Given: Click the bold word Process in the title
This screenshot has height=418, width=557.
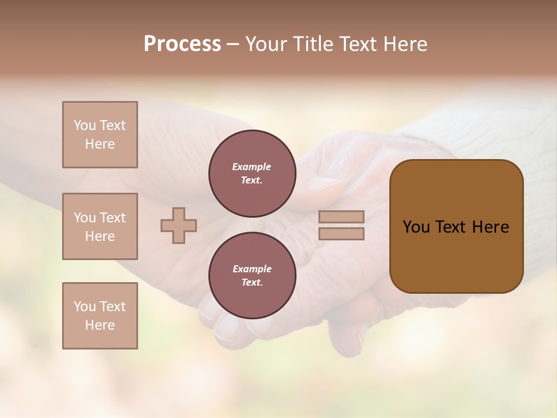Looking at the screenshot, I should pos(182,44).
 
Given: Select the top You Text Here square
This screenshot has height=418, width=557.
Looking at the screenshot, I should pos(100,135).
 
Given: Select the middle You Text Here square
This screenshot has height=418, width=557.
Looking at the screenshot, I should pos(100,226).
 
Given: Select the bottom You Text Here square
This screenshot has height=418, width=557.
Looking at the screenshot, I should pos(100,316).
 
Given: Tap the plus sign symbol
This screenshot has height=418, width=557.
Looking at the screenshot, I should pos(179,225).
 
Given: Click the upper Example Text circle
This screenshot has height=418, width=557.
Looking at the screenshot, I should pos(252,174).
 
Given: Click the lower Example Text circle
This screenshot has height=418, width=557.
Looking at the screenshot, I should pos(252,276).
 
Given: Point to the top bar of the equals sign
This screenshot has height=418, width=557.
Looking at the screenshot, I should pos(341,217).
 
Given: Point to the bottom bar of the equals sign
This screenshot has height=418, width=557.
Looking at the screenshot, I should pos(341,234).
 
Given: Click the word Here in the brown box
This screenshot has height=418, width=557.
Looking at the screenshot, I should pos(490,227).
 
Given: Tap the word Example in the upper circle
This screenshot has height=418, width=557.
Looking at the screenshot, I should pos(252,167).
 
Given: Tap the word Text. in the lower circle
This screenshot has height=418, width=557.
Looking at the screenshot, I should pos(252,283).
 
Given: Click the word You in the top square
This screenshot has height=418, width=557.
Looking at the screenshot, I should pos(85,125).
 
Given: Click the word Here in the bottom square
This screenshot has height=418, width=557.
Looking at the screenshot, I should pos(100,325).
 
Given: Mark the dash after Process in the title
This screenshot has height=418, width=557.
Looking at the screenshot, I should pos(233,45).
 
